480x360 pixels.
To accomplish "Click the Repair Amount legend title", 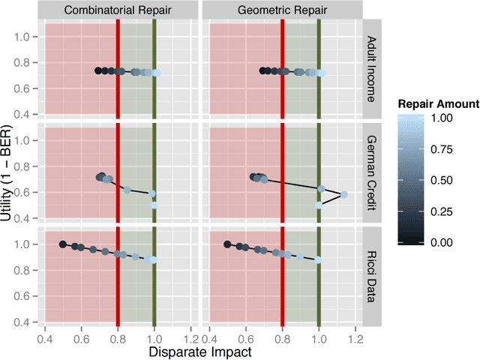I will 438,104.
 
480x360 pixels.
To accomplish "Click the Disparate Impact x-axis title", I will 199,351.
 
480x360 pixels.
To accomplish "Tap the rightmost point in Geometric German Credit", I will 344,194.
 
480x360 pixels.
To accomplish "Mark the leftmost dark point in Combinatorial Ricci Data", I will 63,244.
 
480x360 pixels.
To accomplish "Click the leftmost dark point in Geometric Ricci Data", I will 227,244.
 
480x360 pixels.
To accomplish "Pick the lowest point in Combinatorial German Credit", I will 154,204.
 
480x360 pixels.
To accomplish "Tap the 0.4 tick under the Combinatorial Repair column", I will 45,337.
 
